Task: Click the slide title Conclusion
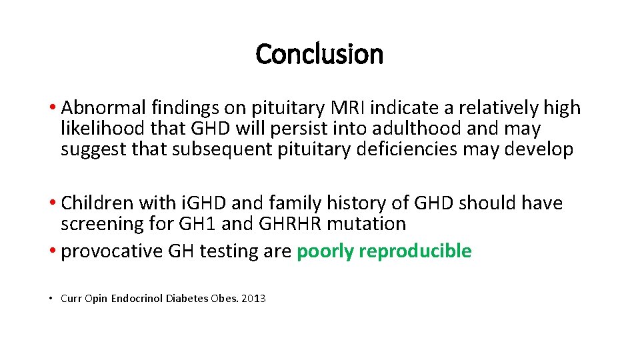pyautogui.click(x=319, y=54)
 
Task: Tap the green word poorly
pyautogui.click(x=325, y=251)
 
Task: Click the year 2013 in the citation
pyautogui.click(x=253, y=299)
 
